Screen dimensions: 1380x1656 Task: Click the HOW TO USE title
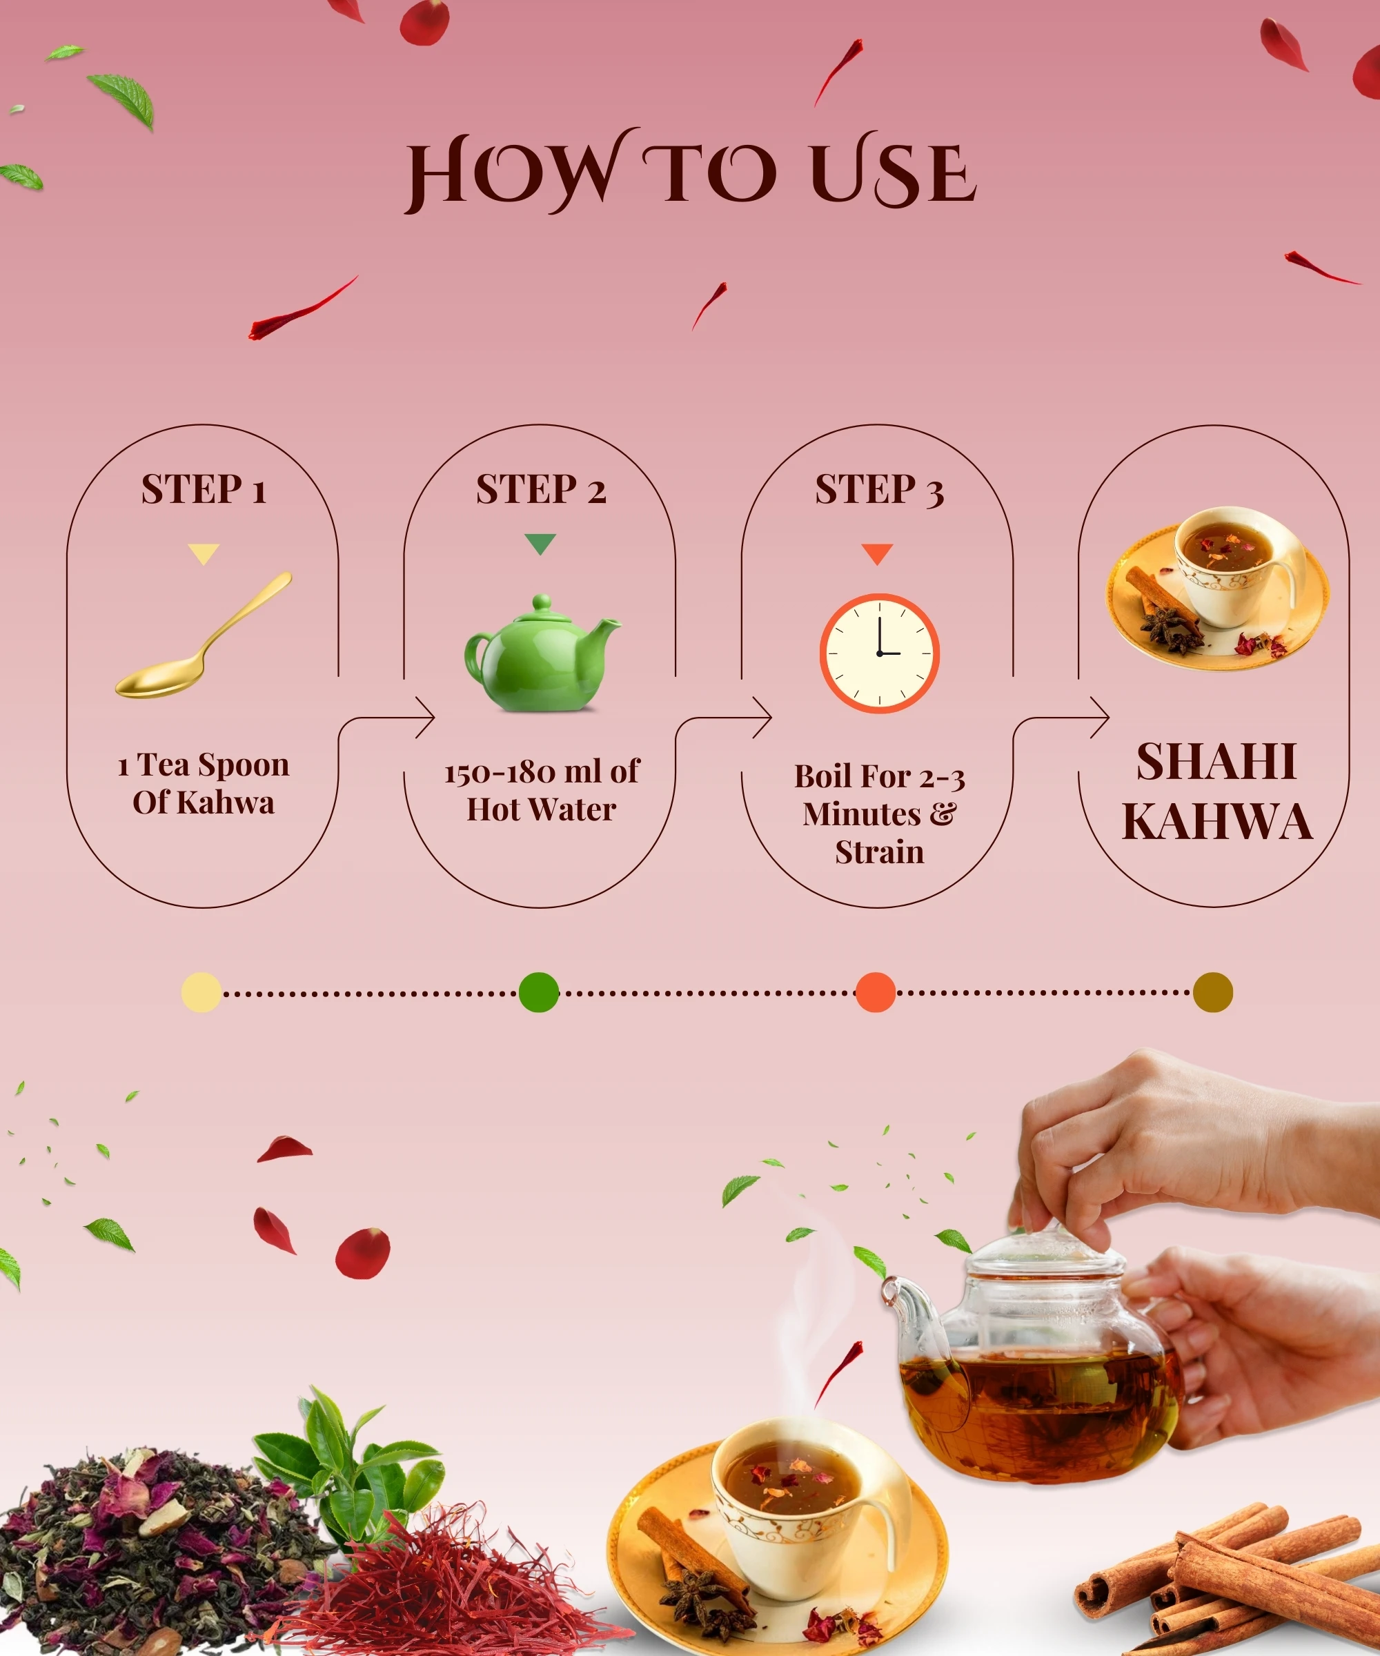(x=691, y=171)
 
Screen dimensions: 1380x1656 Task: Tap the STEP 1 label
(x=204, y=489)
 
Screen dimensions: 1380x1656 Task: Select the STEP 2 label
(x=541, y=489)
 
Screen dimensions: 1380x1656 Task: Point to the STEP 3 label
(x=879, y=489)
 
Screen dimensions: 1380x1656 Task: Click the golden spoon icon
(x=204, y=635)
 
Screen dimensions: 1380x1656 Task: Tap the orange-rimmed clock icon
(x=879, y=653)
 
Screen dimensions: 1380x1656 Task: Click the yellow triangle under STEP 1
(x=204, y=553)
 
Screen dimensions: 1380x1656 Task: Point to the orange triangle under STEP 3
(x=877, y=553)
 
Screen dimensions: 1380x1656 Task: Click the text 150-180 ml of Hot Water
(x=542, y=791)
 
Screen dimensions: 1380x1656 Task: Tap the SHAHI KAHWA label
(x=1216, y=791)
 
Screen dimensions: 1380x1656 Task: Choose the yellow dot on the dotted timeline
(x=201, y=992)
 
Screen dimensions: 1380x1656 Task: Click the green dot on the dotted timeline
(x=539, y=992)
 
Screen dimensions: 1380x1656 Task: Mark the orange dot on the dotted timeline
(x=876, y=992)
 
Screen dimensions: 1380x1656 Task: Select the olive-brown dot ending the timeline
(x=1213, y=992)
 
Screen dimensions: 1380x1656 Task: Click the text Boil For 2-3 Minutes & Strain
(x=879, y=814)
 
